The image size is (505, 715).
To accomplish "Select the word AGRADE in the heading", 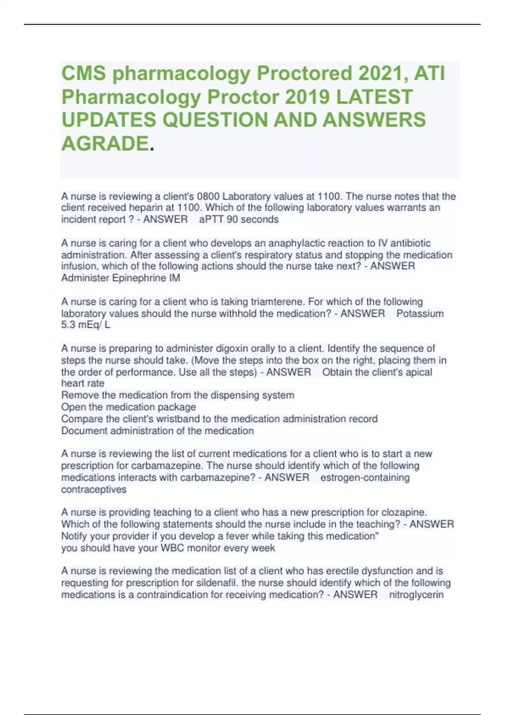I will [105, 144].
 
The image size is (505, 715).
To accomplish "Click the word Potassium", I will [420, 313].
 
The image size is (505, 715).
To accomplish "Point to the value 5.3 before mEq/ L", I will [69, 325].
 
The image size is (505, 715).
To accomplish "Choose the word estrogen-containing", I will [365, 478].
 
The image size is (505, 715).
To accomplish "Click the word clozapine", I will [404, 512].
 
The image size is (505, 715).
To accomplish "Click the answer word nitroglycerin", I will [416, 595].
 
